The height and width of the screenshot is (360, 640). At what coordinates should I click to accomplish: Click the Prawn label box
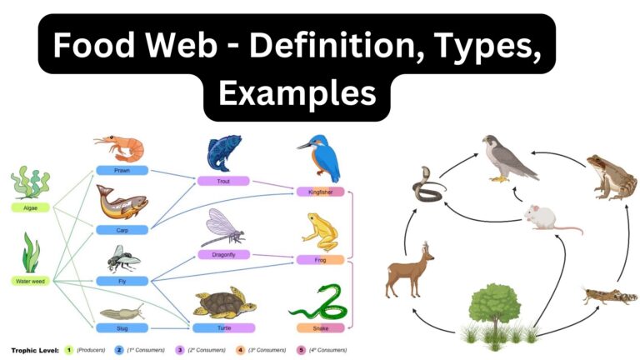[x=122, y=170]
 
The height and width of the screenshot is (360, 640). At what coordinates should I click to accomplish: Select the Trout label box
[x=222, y=180]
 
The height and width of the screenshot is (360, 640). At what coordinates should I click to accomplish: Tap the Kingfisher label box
[x=320, y=192]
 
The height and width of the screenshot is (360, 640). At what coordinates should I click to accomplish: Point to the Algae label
[x=30, y=207]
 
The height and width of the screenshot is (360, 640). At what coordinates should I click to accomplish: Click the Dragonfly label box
[x=222, y=253]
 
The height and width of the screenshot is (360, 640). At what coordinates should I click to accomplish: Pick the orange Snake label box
[x=320, y=327]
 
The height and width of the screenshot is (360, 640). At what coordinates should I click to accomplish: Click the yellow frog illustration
[x=320, y=231]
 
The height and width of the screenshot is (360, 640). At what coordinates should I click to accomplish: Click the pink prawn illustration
[x=120, y=147]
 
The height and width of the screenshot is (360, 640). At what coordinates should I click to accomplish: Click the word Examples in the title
[x=296, y=93]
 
